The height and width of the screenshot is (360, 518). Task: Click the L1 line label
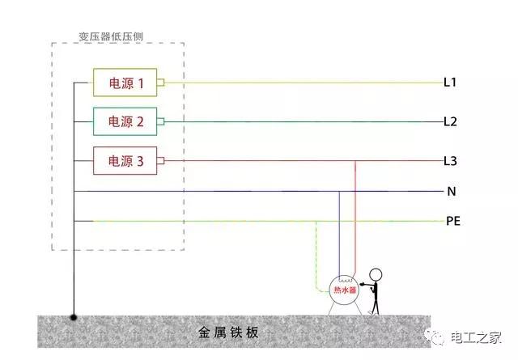pos(450,83)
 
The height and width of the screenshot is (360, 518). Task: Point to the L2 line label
pos(450,121)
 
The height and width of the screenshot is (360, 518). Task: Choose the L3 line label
pos(450,161)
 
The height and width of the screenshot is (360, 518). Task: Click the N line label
pos(452,191)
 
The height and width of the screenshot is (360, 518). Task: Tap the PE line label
pos(453,221)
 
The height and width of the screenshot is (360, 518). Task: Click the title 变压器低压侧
pos(111,36)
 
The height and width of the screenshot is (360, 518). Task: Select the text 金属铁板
pos(228,332)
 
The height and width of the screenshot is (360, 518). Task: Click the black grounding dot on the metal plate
pos(74,317)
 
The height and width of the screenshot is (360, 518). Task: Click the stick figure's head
pos(376,275)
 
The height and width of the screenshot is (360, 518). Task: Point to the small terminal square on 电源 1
pos(160,83)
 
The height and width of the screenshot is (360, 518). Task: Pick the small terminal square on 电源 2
pos(160,121)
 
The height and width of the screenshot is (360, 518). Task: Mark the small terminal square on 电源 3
pos(160,161)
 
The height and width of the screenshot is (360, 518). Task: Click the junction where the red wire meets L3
pos(355,161)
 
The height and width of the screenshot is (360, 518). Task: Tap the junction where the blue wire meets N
pos(339,191)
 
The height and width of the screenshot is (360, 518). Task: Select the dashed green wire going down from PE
pos(316,256)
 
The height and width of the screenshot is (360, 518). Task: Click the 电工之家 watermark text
pos(476,337)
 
